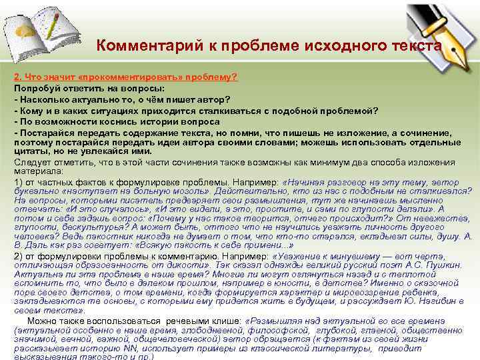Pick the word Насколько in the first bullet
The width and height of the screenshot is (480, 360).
point(43,99)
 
